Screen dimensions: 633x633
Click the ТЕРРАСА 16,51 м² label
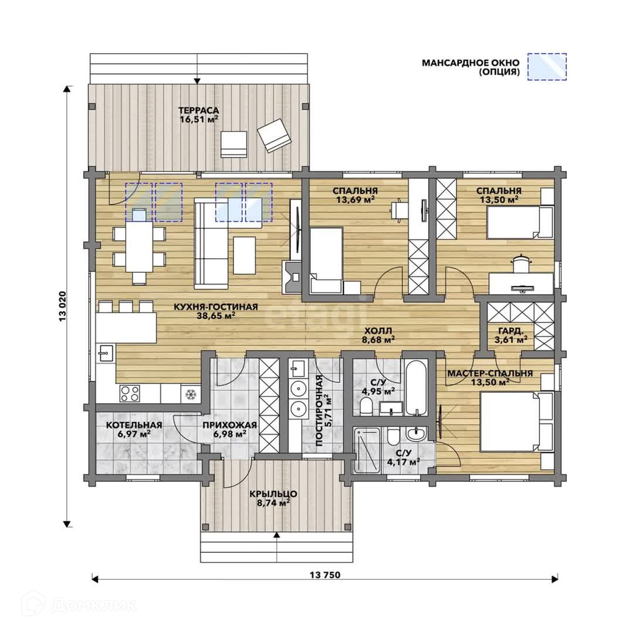click(x=199, y=114)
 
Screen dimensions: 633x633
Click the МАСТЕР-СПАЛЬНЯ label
click(x=490, y=374)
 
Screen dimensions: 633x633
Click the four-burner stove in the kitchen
click(x=130, y=393)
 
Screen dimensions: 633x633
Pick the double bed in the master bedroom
click(x=516, y=421)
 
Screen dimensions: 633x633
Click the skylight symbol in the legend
click(x=547, y=67)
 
